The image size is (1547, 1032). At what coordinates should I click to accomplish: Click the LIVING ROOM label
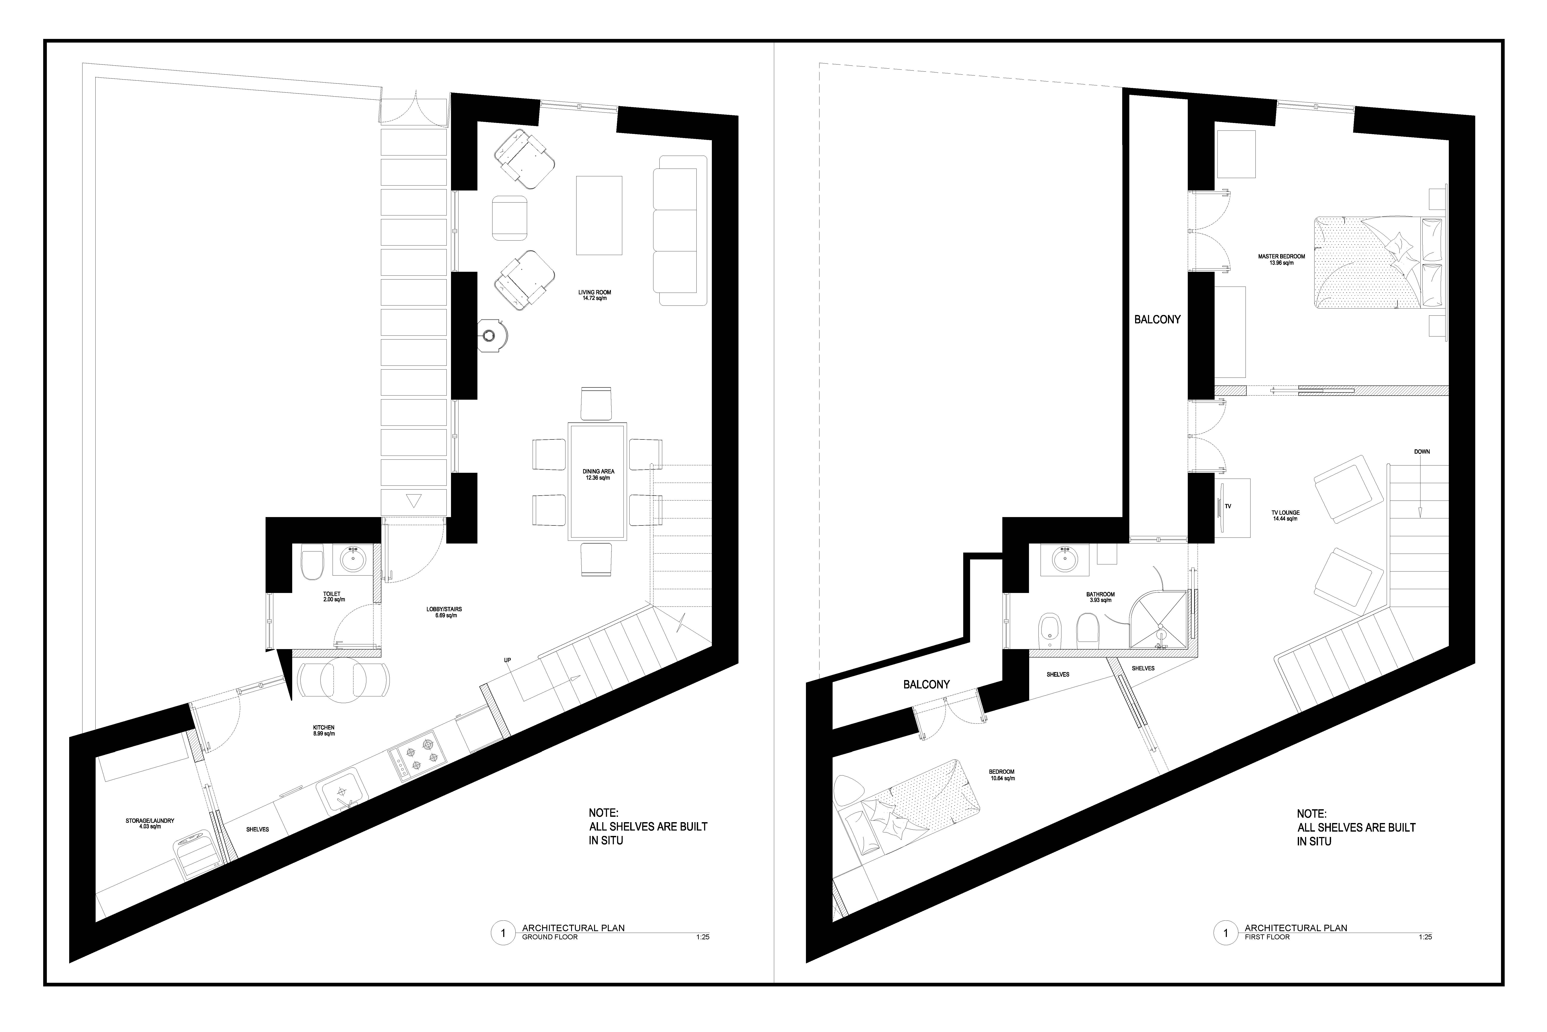coord(595,292)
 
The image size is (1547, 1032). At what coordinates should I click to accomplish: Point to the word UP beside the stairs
coord(507,660)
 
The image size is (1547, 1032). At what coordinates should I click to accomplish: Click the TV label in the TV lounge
coord(1227,506)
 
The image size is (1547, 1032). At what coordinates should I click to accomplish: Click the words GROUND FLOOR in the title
coord(550,937)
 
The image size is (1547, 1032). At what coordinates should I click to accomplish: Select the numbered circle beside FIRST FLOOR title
coord(1225,933)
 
